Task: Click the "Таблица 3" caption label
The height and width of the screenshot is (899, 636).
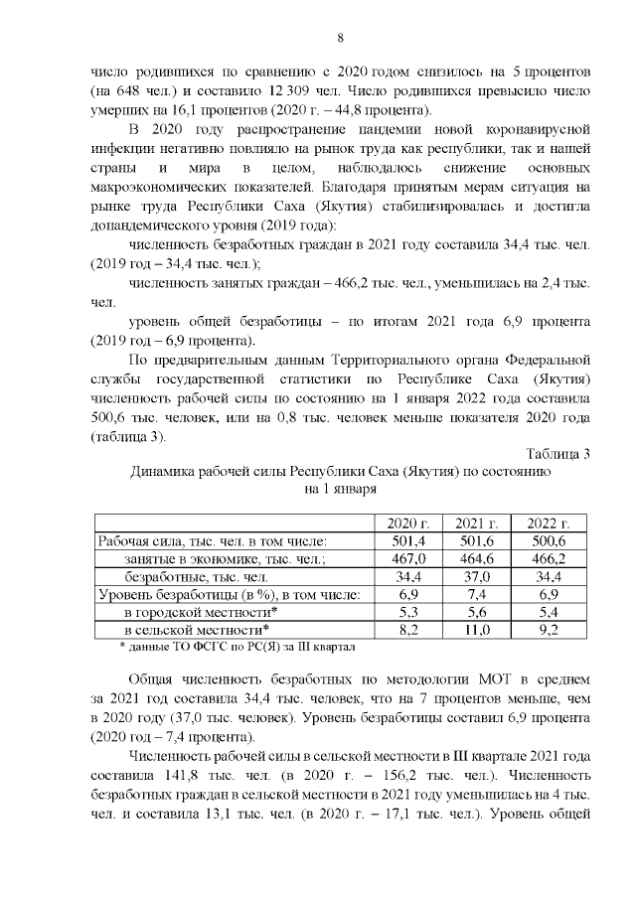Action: [x=557, y=454]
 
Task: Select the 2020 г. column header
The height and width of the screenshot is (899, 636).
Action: [x=408, y=524]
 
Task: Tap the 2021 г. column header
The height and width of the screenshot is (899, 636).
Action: [x=477, y=524]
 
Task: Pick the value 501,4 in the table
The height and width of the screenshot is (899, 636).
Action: [x=408, y=541]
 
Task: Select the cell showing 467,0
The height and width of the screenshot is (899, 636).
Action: [x=408, y=559]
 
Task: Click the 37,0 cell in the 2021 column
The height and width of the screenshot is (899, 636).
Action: [x=477, y=577]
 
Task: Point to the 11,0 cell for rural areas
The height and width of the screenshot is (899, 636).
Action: [x=477, y=630]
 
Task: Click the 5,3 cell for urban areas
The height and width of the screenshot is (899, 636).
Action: [x=408, y=612]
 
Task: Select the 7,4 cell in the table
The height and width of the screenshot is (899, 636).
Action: [x=477, y=594]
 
